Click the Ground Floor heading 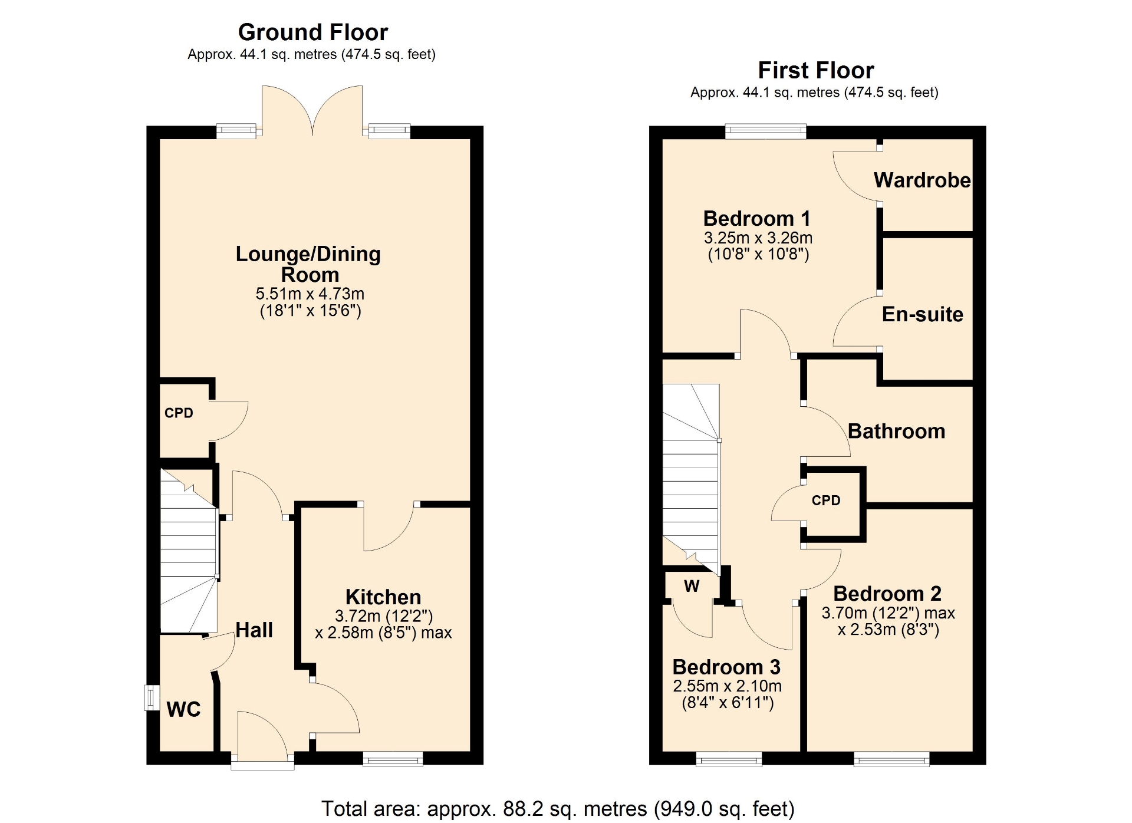(313, 32)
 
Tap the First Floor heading (816, 70)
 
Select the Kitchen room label (383, 597)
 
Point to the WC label (183, 709)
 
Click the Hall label (254, 630)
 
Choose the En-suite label (923, 314)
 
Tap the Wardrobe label (922, 180)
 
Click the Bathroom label (896, 431)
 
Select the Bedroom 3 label (726, 667)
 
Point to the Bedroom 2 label (887, 593)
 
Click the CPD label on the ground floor (179, 413)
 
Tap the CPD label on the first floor (826, 501)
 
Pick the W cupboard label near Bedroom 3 (692, 586)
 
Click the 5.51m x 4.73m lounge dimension (310, 294)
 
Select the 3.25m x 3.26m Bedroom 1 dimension (758, 238)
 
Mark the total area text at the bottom (558, 809)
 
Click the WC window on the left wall (152, 697)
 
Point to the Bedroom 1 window (765, 131)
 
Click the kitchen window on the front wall (393, 759)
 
